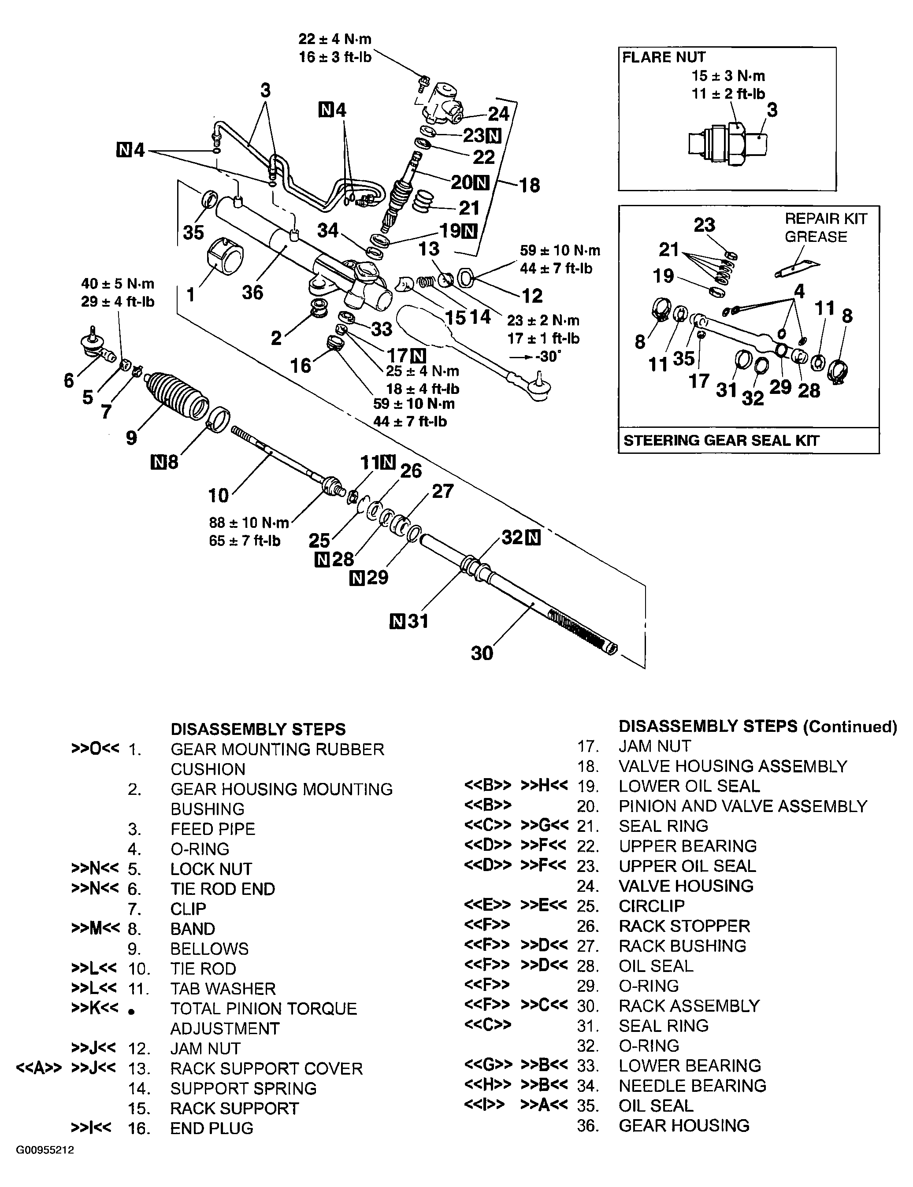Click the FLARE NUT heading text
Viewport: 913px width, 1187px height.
pyautogui.click(x=664, y=58)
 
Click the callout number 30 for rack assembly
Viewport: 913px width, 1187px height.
pyautogui.click(x=482, y=653)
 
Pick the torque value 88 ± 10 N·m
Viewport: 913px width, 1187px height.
pyautogui.click(x=249, y=523)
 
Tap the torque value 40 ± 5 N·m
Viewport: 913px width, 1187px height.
pyautogui.click(x=117, y=284)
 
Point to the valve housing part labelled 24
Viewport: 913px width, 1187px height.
pyautogui.click(x=441, y=101)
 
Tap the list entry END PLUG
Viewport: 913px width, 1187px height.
pyautogui.click(x=212, y=1128)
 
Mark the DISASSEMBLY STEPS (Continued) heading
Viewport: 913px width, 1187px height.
pyautogui.click(x=757, y=726)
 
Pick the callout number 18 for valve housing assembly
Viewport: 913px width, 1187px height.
pyautogui.click(x=529, y=185)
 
